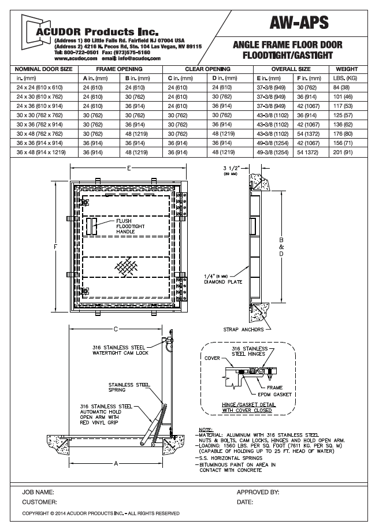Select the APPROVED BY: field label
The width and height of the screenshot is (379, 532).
258,493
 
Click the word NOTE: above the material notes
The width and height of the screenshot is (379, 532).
205,430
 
